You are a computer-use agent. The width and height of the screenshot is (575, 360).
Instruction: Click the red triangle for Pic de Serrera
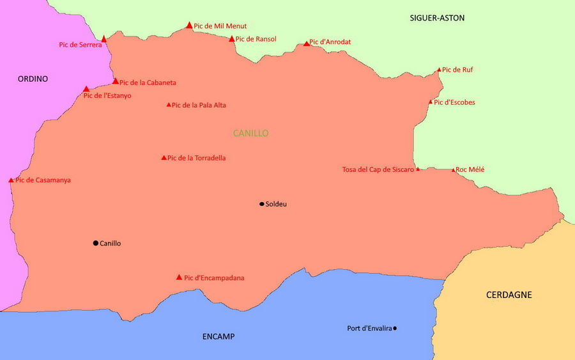point(104,39)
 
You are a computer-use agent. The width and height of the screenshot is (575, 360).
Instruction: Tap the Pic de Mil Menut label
point(220,26)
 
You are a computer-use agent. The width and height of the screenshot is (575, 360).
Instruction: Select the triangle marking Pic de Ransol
point(232,39)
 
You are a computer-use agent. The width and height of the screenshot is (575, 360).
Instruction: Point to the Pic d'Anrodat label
point(330,42)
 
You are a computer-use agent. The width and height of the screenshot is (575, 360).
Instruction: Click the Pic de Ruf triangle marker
point(439,70)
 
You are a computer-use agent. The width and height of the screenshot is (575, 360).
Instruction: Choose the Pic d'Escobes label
point(454,102)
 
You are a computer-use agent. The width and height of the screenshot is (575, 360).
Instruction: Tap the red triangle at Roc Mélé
point(454,170)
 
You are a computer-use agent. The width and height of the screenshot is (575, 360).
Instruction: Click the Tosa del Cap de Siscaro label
point(378,169)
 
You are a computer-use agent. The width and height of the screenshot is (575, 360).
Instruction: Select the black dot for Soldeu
point(261,204)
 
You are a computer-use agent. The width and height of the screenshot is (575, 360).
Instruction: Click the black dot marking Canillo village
point(96,243)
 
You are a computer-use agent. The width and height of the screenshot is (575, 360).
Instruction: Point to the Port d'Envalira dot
point(395,328)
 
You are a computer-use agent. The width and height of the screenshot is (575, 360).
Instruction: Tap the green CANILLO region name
point(250,133)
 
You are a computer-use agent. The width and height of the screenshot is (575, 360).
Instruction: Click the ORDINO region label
point(33,79)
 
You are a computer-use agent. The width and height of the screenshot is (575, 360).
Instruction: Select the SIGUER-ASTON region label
point(437,18)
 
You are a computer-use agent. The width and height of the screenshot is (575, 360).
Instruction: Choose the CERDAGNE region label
point(509,295)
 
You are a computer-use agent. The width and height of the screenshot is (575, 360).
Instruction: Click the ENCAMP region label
point(218,336)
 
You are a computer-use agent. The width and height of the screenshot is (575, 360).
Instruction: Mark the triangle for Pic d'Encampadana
point(179,278)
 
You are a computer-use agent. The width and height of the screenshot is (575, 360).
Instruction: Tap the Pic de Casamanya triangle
point(11,180)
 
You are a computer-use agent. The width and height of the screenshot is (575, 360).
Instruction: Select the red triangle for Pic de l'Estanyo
point(86,89)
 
